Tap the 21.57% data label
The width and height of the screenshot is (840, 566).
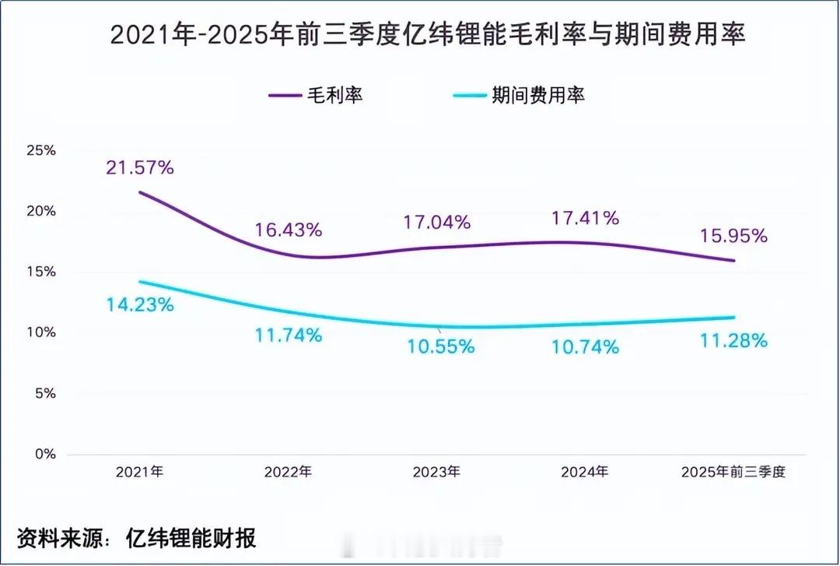140,167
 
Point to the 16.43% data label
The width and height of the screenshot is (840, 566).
289,230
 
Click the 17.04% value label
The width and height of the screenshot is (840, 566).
438,222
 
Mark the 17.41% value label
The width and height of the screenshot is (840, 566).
586,218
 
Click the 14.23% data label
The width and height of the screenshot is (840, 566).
140,305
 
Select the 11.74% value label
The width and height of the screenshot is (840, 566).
289,336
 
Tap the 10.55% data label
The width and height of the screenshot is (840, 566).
441,347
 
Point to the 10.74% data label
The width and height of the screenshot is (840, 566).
586,347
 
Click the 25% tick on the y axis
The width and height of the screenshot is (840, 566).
40,150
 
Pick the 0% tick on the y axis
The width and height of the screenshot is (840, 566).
44,454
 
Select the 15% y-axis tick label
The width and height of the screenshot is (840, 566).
40,272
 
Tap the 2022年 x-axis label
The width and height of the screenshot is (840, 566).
289,472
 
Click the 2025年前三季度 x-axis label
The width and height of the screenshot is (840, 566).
734,472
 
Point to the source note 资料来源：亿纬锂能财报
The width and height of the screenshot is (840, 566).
137,537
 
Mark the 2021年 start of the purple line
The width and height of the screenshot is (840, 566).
140,192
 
